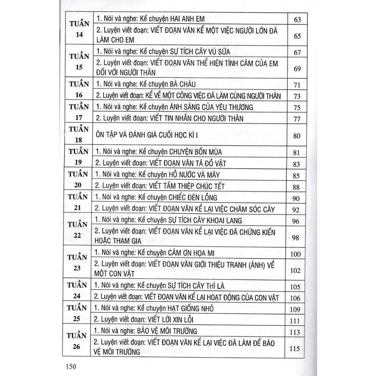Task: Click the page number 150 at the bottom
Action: [69, 366]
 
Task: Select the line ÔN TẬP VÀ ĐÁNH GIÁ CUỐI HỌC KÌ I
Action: [147, 135]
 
